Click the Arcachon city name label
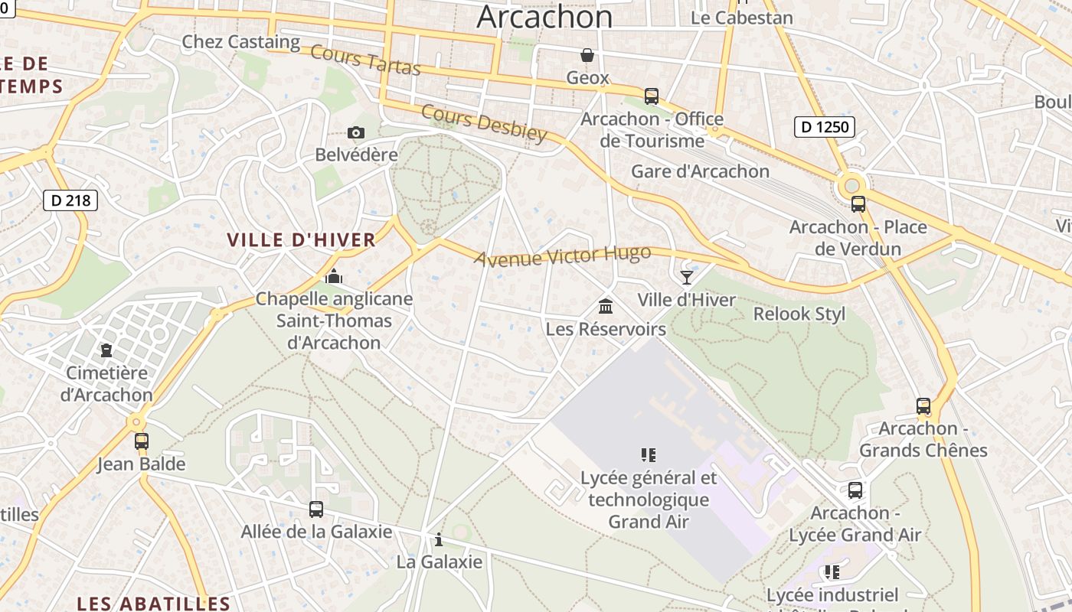[x=544, y=17]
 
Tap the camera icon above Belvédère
[x=355, y=132]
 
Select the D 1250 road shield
[x=825, y=126]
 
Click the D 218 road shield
[x=70, y=200]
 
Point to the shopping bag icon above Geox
[x=587, y=55]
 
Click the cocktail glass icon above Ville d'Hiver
[x=686, y=277]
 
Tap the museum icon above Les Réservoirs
[x=606, y=306]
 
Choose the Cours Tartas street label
[x=366, y=60]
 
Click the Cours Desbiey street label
[x=484, y=123]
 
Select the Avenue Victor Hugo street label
[x=563, y=256]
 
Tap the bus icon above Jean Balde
[x=142, y=441]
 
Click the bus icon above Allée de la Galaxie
[x=315, y=509]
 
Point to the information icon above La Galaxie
[x=439, y=539]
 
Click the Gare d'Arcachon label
[x=700, y=171]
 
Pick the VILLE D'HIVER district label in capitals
[x=302, y=239]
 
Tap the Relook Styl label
[x=799, y=314]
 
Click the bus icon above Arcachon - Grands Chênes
[x=923, y=406]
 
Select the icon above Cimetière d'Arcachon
[x=106, y=350]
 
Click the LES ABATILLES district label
[x=154, y=603]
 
